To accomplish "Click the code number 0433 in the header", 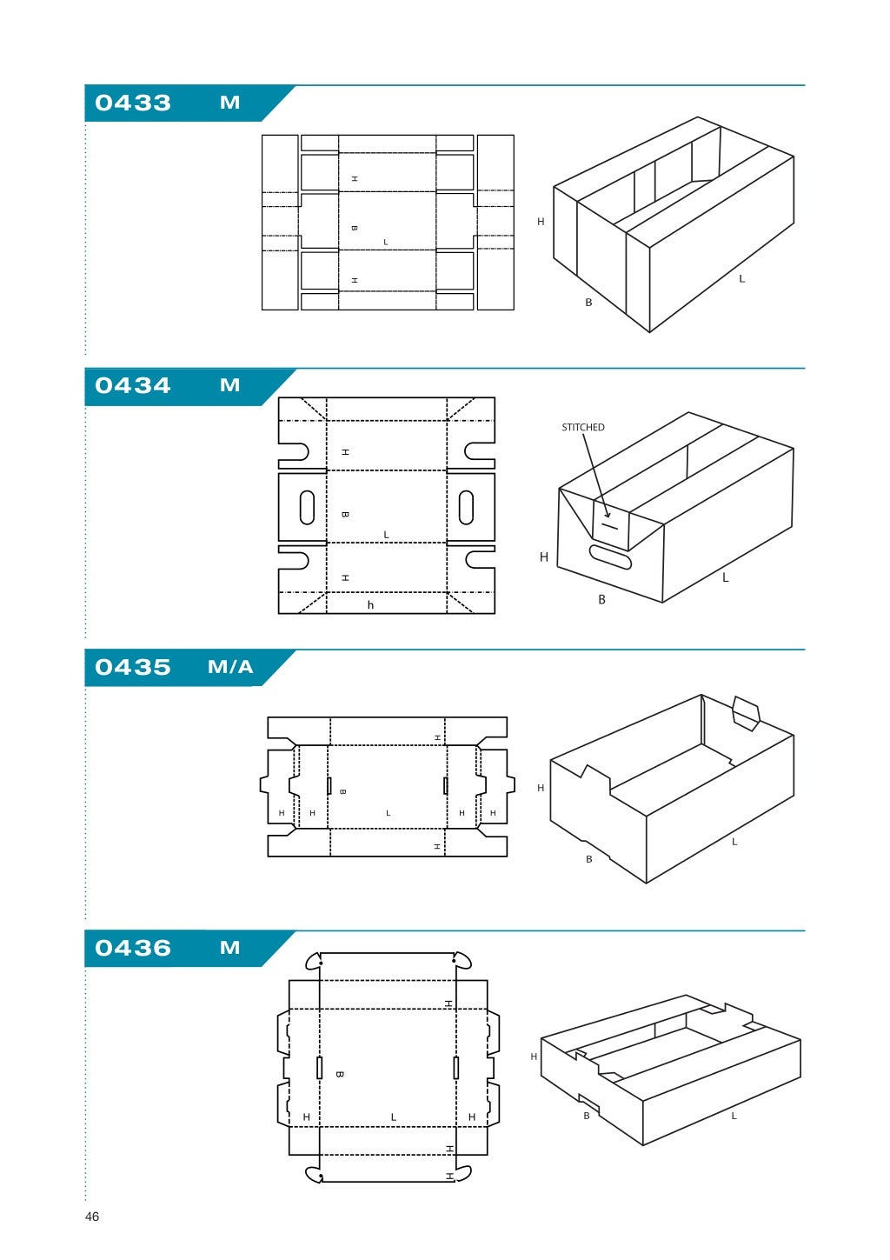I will (133, 103).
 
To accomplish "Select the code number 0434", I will (133, 385).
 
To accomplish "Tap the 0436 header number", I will (133, 948).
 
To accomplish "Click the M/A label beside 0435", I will (230, 667).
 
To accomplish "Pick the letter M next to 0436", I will (229, 948).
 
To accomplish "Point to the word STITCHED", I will (582, 427).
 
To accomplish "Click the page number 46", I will (92, 1217).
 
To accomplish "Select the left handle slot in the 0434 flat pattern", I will (307, 508).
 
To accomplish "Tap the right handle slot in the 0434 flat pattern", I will (466, 508).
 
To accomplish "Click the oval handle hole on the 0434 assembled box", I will (610, 557).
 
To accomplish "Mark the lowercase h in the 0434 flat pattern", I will (370, 605).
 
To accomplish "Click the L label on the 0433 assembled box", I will (741, 279).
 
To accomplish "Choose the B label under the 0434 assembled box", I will (601, 599).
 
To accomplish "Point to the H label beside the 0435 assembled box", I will (541, 788).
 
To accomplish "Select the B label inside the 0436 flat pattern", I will (339, 1074).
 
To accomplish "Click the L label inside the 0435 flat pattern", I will (388, 813).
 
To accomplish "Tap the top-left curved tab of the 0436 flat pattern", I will (314, 961).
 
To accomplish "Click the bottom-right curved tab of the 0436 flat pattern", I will (462, 1173).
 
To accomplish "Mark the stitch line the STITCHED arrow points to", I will (609, 525).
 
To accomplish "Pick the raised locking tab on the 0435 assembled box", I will (746, 712).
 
